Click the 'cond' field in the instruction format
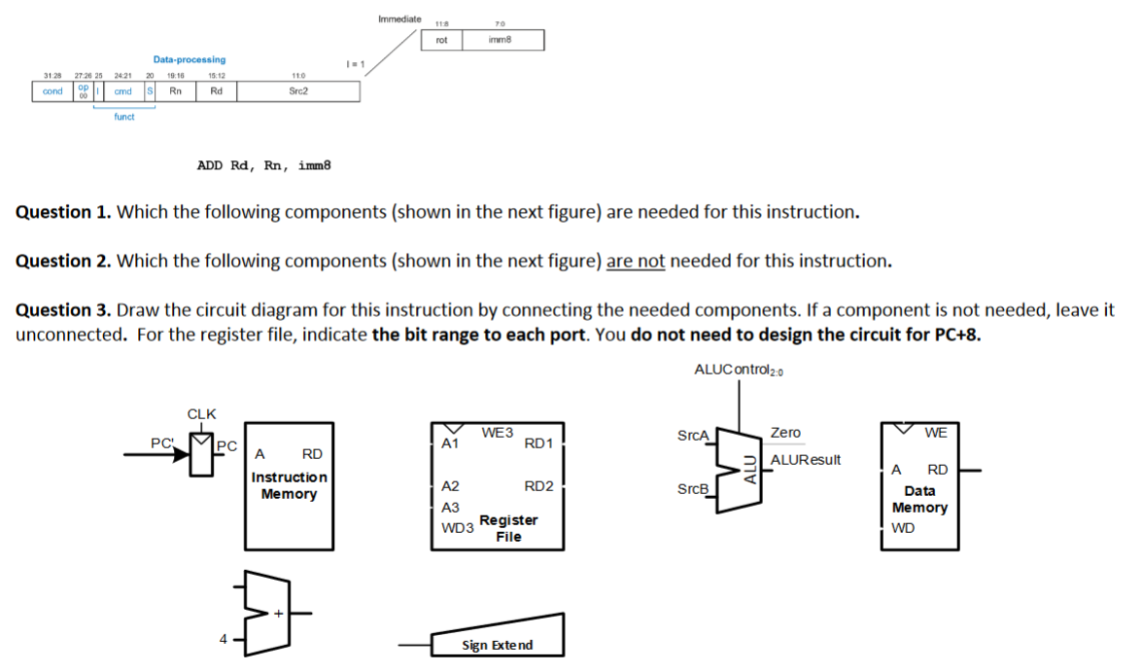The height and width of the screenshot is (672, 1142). pyautogui.click(x=52, y=91)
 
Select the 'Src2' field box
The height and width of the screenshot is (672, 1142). pyautogui.click(x=298, y=91)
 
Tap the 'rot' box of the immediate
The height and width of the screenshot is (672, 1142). pyautogui.click(x=441, y=40)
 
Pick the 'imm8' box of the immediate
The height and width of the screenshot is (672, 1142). pyautogui.click(x=502, y=40)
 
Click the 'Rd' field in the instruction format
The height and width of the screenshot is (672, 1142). pyautogui.click(x=216, y=91)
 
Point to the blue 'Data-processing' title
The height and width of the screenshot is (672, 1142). pyautogui.click(x=189, y=60)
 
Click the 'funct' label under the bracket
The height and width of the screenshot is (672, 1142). pyautogui.click(x=124, y=117)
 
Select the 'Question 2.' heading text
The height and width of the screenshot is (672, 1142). pyautogui.click(x=63, y=261)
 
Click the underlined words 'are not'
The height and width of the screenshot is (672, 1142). pyautogui.click(x=636, y=261)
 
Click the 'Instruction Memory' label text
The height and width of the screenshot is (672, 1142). pyautogui.click(x=289, y=485)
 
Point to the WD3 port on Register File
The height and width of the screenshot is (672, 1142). pyautogui.click(x=457, y=528)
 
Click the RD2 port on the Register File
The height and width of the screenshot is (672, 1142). pyautogui.click(x=538, y=486)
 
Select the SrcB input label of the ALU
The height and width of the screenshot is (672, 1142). pyautogui.click(x=693, y=488)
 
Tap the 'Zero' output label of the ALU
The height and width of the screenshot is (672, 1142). pyautogui.click(x=785, y=433)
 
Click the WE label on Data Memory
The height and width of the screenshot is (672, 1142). pyautogui.click(x=936, y=432)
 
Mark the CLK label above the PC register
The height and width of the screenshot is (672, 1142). pyautogui.click(x=201, y=413)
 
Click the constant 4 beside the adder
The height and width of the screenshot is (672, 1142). pyautogui.click(x=224, y=639)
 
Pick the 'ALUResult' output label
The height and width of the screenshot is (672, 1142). pyautogui.click(x=805, y=460)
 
